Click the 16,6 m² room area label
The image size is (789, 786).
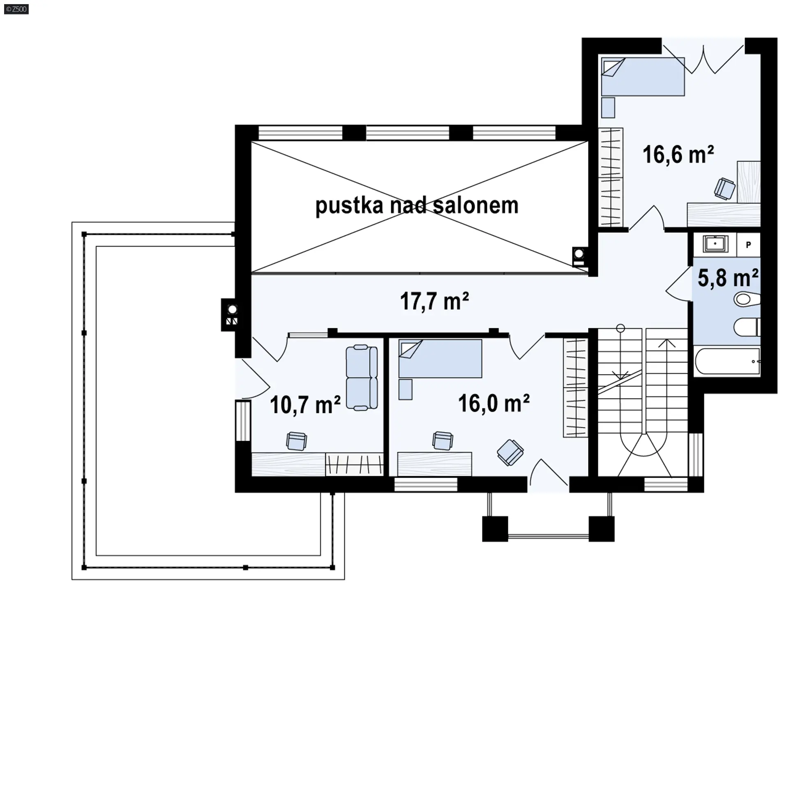tap(678, 155)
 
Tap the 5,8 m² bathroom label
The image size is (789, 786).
tap(728, 278)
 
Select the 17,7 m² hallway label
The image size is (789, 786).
tap(434, 301)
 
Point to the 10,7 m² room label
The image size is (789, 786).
tap(305, 405)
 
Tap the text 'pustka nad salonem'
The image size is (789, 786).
tap(417, 205)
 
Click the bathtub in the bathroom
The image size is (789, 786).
tap(727, 361)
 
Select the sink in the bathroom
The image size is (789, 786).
tap(715, 244)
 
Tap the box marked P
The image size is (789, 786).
tap(748, 244)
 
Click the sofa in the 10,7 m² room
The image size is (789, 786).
tap(362, 378)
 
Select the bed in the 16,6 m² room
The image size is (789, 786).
tap(643, 76)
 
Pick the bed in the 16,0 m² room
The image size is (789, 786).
tap(440, 358)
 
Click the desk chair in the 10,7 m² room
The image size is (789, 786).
tap(296, 441)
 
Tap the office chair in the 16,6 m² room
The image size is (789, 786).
tap(725, 189)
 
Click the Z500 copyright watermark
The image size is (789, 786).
tap(16, 9)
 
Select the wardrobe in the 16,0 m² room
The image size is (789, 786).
tap(575, 387)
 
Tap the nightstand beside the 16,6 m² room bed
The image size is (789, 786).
tap(608, 108)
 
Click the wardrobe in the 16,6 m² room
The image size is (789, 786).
tap(611, 177)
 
